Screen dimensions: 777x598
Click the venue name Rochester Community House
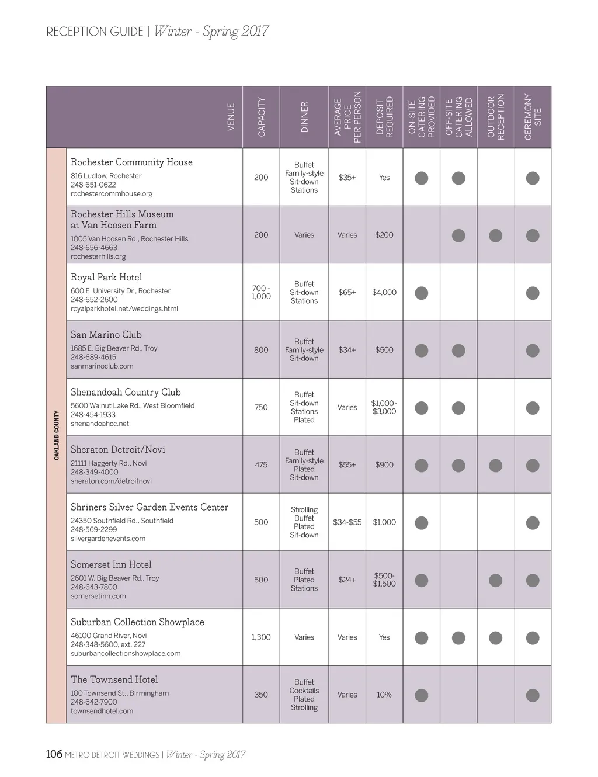[131, 162]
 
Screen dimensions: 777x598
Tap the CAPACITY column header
[261, 117]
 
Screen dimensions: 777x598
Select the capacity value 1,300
[261, 637]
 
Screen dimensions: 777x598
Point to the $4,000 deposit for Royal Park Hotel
[384, 293]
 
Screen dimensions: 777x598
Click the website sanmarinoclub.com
[102, 366]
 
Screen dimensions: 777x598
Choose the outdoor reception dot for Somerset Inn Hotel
[495, 581]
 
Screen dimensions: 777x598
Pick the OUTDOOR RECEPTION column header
[495, 117]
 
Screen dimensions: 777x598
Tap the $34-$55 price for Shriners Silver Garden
[347, 522]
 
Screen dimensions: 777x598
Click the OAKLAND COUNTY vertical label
[57, 435]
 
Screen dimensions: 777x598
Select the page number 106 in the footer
[54, 754]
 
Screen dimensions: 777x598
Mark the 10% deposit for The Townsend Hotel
[384, 695]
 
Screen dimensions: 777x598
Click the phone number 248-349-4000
[94, 472]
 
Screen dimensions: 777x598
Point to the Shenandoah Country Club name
[126, 393]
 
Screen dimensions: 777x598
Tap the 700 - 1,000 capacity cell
[261, 292]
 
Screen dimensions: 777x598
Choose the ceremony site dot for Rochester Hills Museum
[532, 235]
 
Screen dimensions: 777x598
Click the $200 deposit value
[384, 235]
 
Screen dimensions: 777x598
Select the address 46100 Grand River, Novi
[109, 636]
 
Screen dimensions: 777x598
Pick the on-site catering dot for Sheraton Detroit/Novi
[421, 466]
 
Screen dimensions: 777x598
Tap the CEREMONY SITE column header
[533, 117]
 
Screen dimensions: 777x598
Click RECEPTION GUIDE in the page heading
[95, 32]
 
